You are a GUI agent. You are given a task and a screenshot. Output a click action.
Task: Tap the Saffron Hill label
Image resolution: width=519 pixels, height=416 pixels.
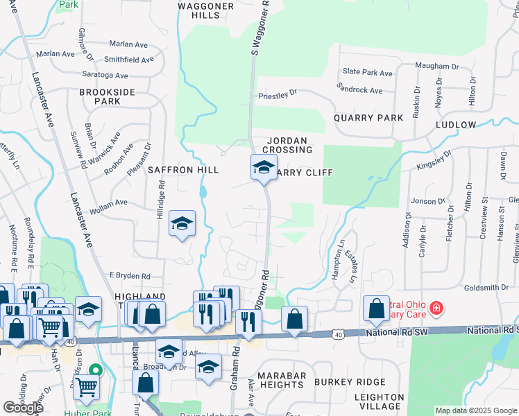click(x=183, y=170)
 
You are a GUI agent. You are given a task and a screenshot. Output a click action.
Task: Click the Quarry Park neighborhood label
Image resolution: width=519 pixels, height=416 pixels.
click(x=368, y=118)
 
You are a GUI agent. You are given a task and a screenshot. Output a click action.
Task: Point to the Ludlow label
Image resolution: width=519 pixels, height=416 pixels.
click(x=456, y=125)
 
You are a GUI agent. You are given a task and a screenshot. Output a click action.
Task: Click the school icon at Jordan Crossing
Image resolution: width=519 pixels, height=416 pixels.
click(x=264, y=167)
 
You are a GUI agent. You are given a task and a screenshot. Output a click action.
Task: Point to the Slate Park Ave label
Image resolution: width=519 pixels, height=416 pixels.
click(x=368, y=72)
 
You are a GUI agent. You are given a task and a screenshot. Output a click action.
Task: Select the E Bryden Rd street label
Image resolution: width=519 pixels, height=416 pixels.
click(x=129, y=275)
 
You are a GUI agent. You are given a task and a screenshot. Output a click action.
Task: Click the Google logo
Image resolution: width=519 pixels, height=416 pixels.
click(x=24, y=408)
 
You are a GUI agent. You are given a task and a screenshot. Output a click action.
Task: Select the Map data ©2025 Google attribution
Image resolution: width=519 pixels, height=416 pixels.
click(x=475, y=410)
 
